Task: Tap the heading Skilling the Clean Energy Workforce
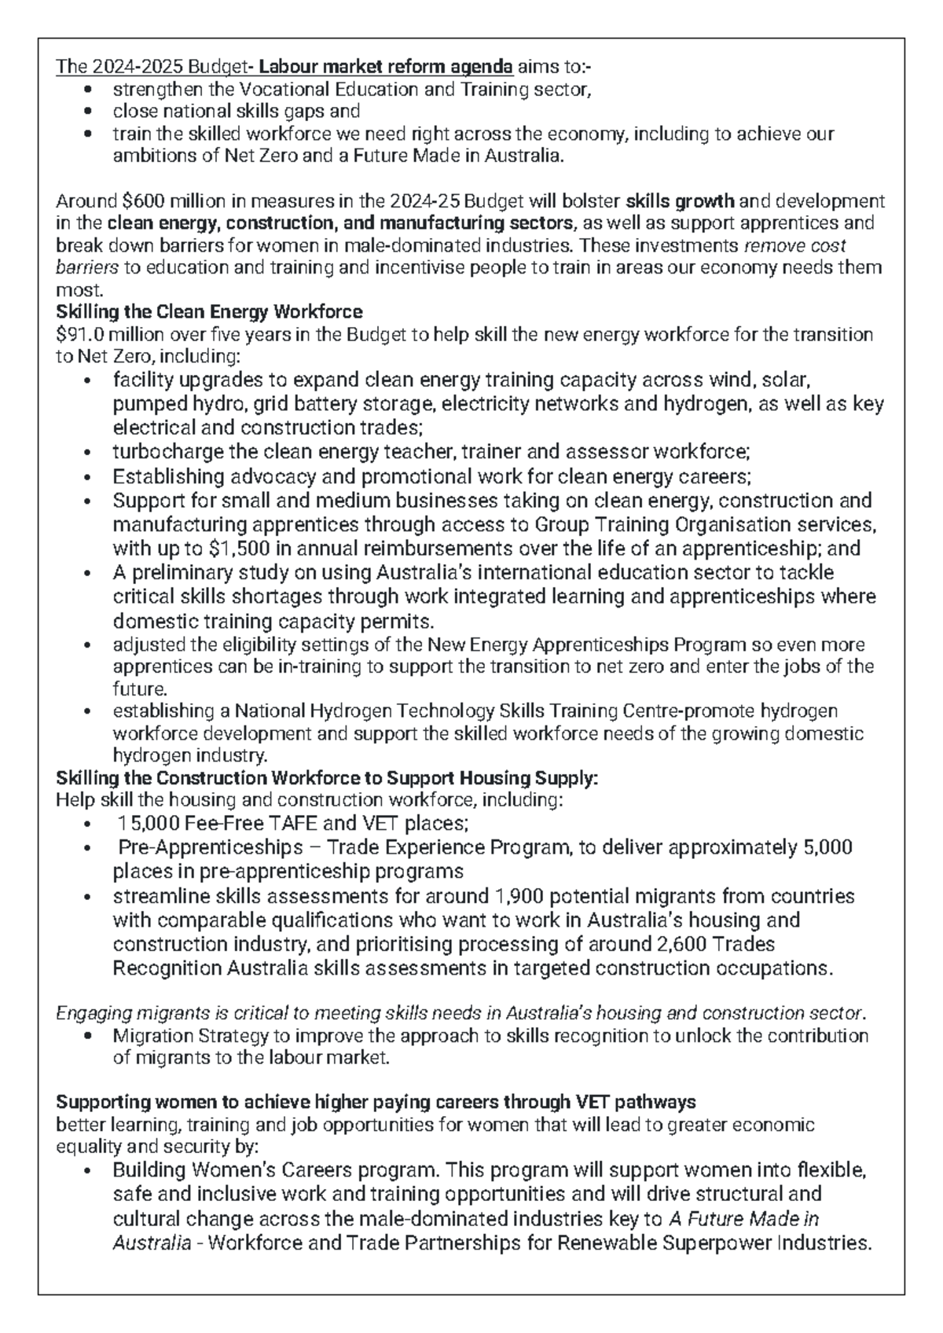[209, 311]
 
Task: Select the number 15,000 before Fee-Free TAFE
[147, 824]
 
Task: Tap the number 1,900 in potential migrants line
[519, 896]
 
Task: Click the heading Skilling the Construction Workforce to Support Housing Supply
[327, 778]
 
